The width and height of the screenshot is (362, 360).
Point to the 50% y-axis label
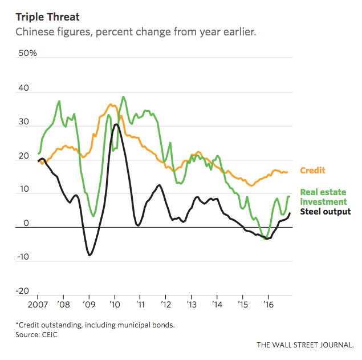click(27, 54)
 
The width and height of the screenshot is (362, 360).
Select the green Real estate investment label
click(323, 197)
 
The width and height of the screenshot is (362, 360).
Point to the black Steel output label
click(325, 212)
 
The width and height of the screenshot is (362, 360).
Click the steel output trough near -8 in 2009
click(90, 255)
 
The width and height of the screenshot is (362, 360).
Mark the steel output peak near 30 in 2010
click(116, 124)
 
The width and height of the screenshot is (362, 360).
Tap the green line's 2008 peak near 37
click(59, 101)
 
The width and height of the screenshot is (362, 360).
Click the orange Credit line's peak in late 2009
click(111, 104)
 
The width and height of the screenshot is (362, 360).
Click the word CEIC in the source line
click(49, 335)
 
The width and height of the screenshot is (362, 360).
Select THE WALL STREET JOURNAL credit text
click(305, 345)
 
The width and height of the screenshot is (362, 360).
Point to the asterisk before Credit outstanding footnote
click(17, 324)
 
